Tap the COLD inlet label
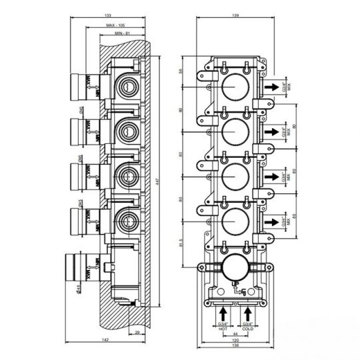[248, 327]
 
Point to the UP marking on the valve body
[233, 285]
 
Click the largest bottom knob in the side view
[79, 269]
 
